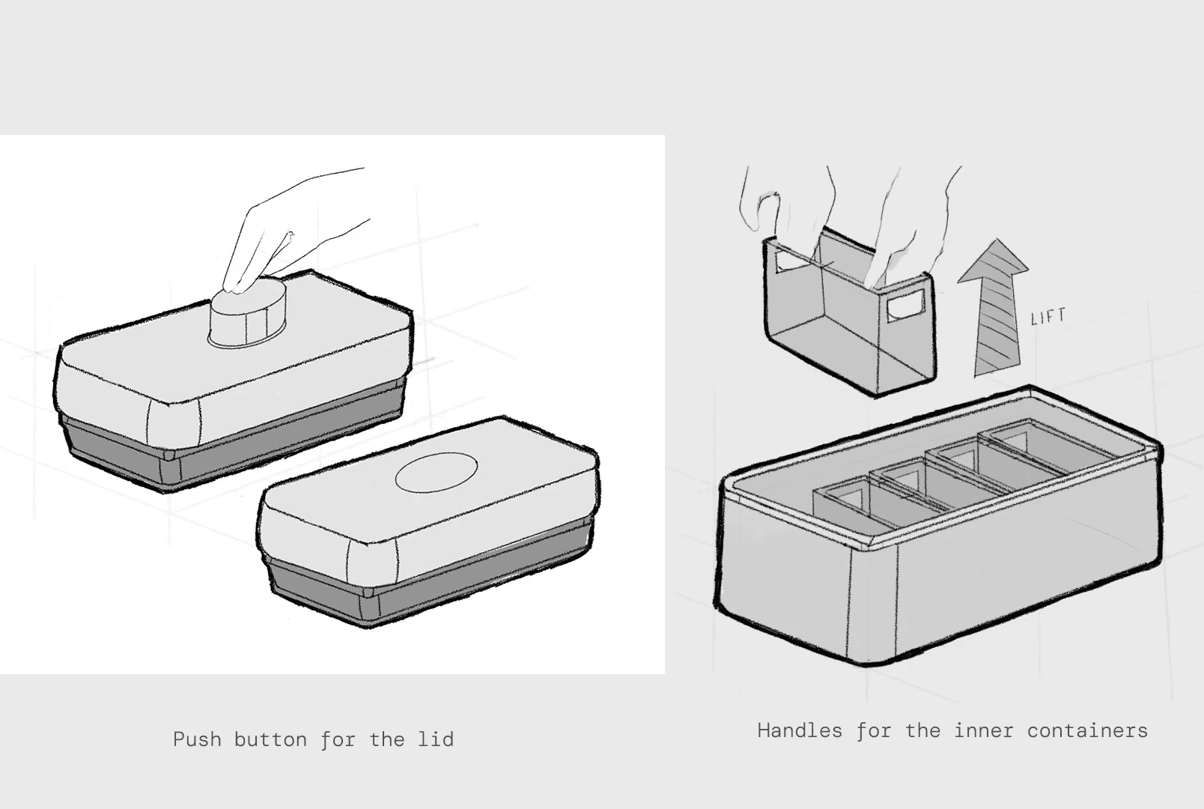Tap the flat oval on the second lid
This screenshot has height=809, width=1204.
[x=437, y=472]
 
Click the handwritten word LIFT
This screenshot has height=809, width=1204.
[x=1048, y=317]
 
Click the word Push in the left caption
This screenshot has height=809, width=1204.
[x=197, y=739]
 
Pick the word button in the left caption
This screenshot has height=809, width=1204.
[x=270, y=739]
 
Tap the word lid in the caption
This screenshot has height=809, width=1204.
[x=436, y=739]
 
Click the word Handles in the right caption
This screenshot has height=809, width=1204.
[x=800, y=730]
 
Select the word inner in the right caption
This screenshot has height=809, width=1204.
[x=984, y=730]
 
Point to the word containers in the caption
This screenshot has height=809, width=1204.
[x=1087, y=730]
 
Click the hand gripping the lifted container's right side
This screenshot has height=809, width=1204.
[x=913, y=226]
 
